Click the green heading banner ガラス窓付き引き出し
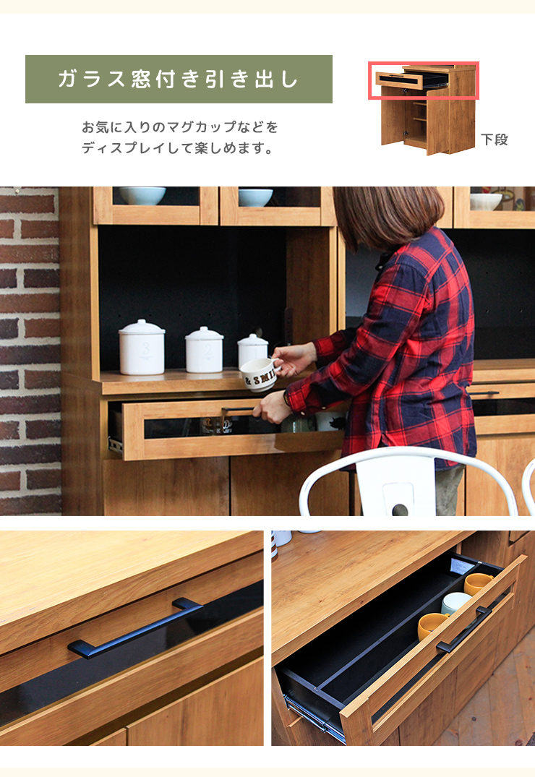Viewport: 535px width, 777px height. pos(179,79)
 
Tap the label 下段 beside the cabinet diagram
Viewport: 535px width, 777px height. pos(495,140)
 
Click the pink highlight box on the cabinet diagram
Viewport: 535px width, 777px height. pos(427,80)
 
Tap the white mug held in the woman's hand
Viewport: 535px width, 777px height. pos(258,374)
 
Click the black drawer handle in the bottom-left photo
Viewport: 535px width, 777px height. pos(135,627)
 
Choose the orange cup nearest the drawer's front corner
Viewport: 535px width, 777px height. pos(432,626)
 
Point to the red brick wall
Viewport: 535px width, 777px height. pos(29,347)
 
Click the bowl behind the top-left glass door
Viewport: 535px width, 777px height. pos(142,195)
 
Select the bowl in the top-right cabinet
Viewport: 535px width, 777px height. pos(486,200)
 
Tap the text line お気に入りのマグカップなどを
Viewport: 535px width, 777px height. pos(179,127)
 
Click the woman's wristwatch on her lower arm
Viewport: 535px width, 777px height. pos(287,400)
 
